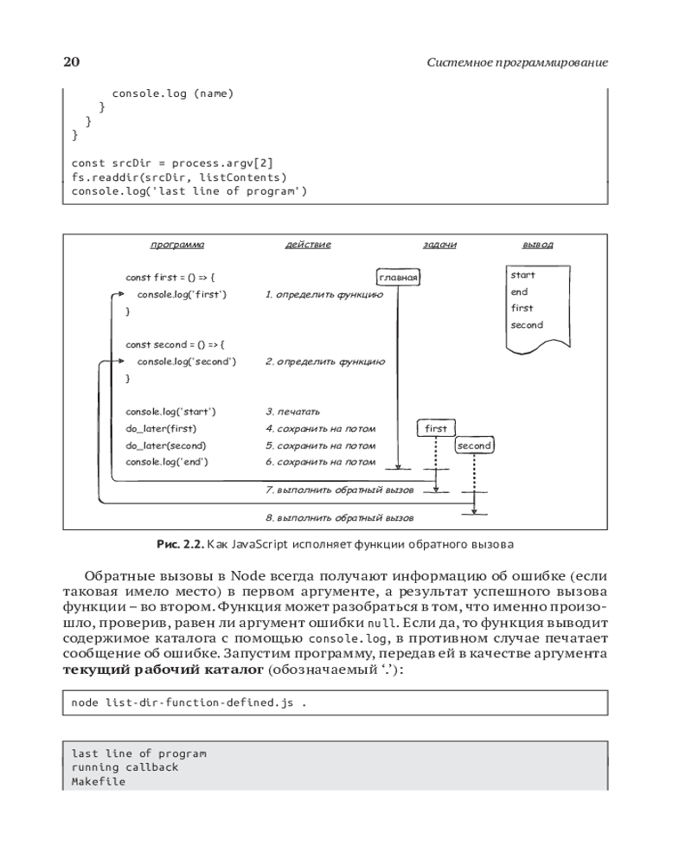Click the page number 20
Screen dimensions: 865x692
(x=72, y=62)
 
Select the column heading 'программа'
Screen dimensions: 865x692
(x=177, y=245)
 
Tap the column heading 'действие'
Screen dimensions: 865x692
(x=308, y=245)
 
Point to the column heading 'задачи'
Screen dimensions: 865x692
(x=439, y=245)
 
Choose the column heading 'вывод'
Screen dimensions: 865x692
(x=537, y=245)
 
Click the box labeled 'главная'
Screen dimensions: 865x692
(x=399, y=278)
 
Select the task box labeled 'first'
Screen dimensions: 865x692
(x=437, y=428)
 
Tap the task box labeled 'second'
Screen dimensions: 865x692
(x=474, y=445)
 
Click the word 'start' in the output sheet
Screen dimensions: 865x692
(x=522, y=275)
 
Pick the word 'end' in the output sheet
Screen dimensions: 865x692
(x=519, y=292)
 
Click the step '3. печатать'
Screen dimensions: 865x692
(x=292, y=412)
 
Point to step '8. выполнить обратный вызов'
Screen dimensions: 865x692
(x=339, y=518)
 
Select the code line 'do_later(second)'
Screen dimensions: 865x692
(x=166, y=445)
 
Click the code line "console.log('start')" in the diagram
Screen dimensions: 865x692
(x=170, y=412)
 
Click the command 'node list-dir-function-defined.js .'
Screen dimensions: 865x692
(x=189, y=703)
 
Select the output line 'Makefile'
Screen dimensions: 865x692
(x=98, y=781)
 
